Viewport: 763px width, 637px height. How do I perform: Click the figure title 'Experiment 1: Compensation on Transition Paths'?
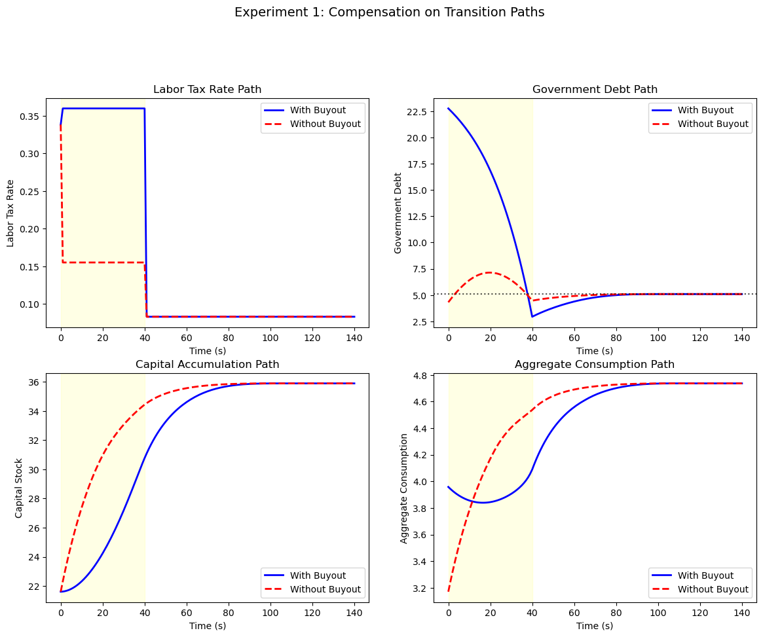coord(389,12)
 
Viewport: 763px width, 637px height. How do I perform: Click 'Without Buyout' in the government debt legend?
coord(713,124)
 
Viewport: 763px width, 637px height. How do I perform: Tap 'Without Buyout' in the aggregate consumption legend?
coord(713,589)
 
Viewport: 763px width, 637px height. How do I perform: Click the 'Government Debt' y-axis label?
coord(398,213)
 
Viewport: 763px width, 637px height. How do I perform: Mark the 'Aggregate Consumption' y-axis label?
coord(405,488)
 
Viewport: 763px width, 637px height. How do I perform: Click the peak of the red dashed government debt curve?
coord(489,272)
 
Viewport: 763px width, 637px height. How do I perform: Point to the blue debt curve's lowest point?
coord(532,317)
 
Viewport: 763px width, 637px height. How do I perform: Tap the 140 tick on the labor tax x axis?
coord(354,338)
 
